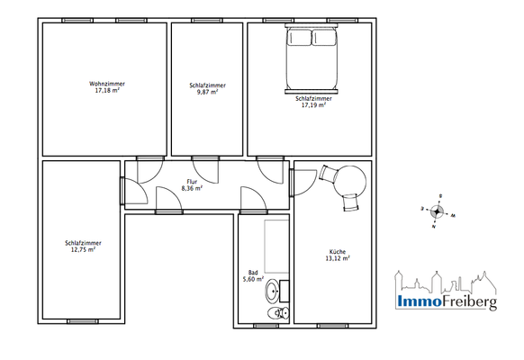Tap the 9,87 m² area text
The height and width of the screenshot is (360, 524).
[x=207, y=91]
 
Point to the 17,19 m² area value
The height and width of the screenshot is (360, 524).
[x=312, y=105]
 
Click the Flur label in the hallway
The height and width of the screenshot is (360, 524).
[x=192, y=181]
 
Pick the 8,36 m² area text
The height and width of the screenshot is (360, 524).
[x=192, y=188]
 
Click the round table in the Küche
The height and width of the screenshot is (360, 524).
[x=349, y=181]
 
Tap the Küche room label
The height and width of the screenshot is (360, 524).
[x=338, y=251]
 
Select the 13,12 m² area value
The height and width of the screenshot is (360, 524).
[x=338, y=258]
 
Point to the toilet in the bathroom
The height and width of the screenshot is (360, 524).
[x=279, y=312]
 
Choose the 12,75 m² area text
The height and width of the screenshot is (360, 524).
[x=82, y=249]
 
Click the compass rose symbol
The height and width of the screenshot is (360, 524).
[x=438, y=212]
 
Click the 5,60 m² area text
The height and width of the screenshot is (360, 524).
[x=255, y=280]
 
